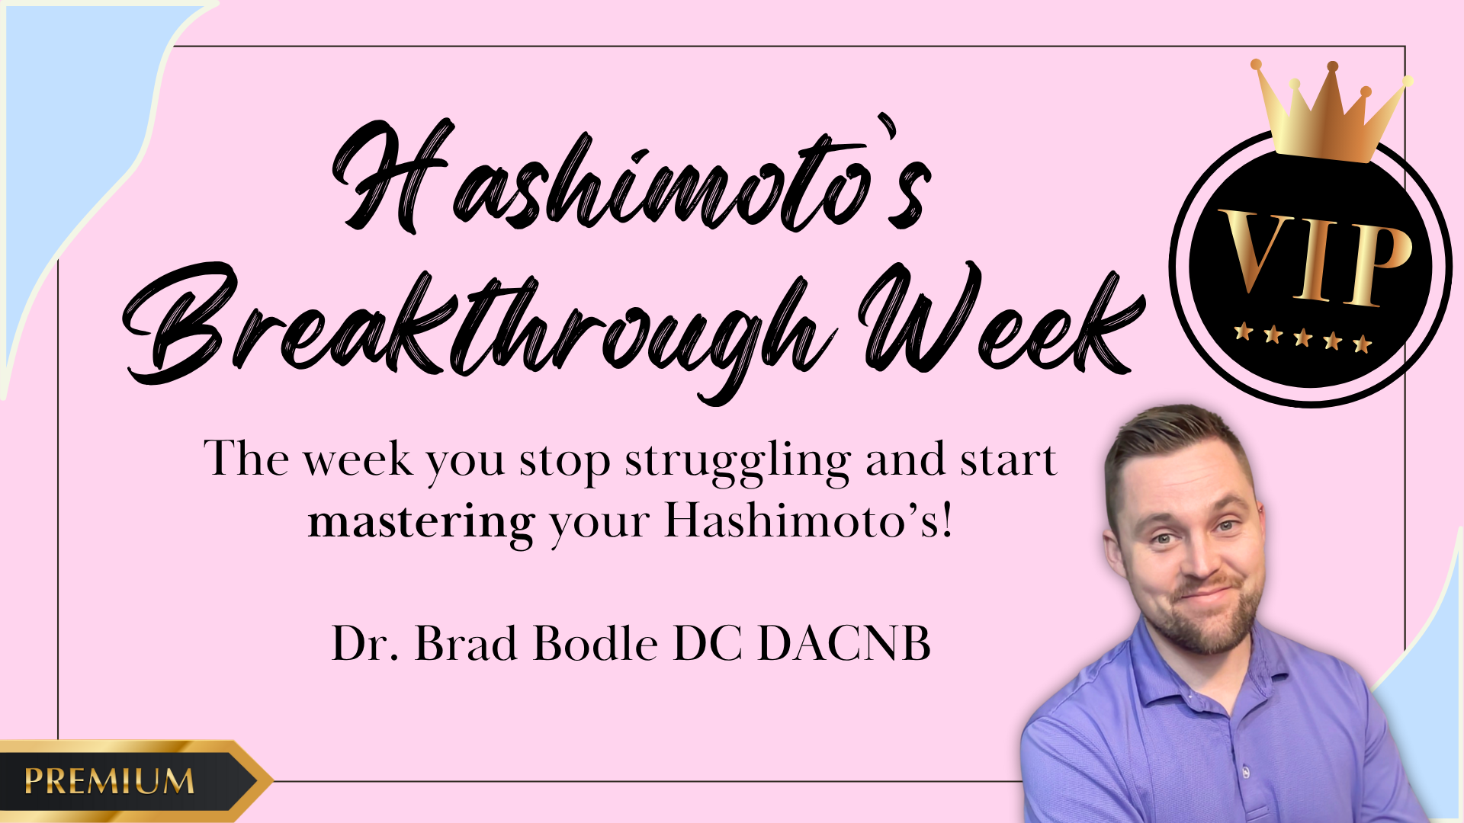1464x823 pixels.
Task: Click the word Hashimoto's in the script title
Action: click(631, 177)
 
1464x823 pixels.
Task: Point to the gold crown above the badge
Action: click(1331, 110)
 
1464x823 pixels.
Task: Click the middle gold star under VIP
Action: click(1302, 337)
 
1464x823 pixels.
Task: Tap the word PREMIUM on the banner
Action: click(109, 781)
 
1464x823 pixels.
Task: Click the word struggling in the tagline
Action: click(737, 462)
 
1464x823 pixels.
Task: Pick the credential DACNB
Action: click(844, 644)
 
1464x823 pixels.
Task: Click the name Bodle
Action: click(596, 643)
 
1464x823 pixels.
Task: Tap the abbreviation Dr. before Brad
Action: click(365, 644)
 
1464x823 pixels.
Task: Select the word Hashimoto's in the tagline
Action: click(809, 522)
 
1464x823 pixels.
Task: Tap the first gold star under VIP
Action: click(1244, 331)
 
